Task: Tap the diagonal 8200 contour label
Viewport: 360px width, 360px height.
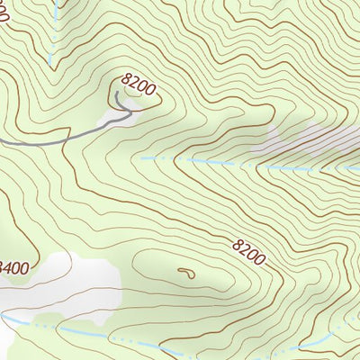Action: coord(249,251)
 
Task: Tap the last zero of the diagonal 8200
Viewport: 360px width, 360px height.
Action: coord(261,261)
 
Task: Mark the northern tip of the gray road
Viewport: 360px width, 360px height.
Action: coord(116,92)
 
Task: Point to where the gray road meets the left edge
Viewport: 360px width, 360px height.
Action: coord(1,141)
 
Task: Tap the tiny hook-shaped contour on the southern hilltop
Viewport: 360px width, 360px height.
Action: coord(185,271)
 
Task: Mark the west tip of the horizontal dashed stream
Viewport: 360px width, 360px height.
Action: coord(141,159)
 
